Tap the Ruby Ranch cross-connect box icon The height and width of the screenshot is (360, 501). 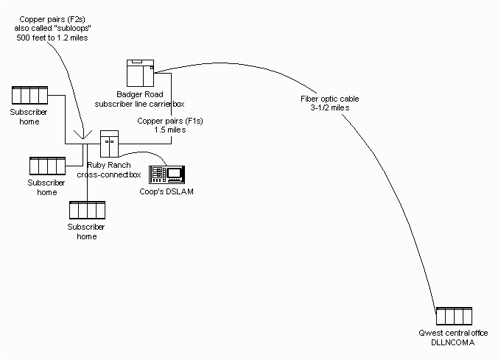point(109,143)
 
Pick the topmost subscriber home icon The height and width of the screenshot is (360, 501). point(30,96)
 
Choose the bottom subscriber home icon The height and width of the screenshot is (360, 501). point(86,211)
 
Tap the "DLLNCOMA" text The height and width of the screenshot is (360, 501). point(452,343)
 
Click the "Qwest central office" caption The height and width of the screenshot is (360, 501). point(452,334)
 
